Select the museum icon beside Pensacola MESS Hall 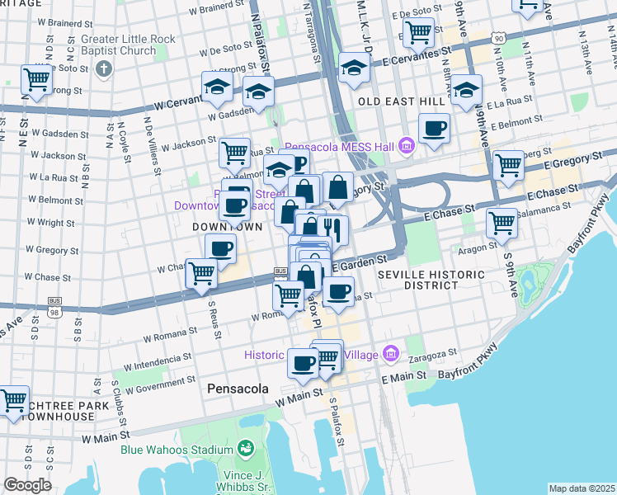click(406, 147)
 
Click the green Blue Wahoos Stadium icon click(245, 449)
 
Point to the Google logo click(27, 485)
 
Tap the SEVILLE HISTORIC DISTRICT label click(418, 279)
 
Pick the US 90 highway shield click(497, 38)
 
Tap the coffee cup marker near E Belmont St click(434, 129)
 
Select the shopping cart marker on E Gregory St click(508, 166)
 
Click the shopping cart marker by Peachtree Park click(13, 401)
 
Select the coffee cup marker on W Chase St click(220, 248)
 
